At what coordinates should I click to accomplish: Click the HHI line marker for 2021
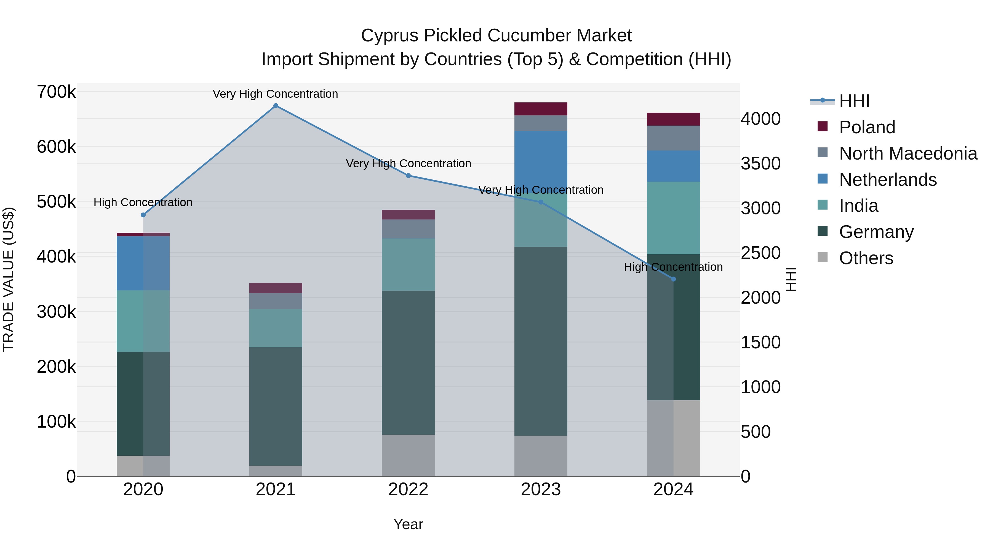[276, 106]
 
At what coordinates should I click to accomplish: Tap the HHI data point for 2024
[673, 279]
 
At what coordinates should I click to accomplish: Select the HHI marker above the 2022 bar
[408, 176]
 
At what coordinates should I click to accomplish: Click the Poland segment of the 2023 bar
[541, 109]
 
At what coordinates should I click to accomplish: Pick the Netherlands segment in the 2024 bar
[673, 166]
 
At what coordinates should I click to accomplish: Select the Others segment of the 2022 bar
[408, 455]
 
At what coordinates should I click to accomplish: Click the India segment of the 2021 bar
[276, 328]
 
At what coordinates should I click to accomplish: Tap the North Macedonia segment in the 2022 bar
[408, 229]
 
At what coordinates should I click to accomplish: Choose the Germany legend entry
[876, 232]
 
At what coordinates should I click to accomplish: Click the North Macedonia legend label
[908, 153]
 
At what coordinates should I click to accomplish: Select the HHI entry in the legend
[854, 101]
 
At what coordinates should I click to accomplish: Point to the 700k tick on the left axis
[56, 92]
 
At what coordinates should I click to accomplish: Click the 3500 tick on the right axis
[760, 164]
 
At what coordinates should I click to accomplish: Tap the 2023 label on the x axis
[541, 489]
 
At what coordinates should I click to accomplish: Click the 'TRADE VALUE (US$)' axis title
[9, 279]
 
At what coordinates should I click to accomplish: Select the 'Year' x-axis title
[408, 524]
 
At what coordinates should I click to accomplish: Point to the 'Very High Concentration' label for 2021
[275, 94]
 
